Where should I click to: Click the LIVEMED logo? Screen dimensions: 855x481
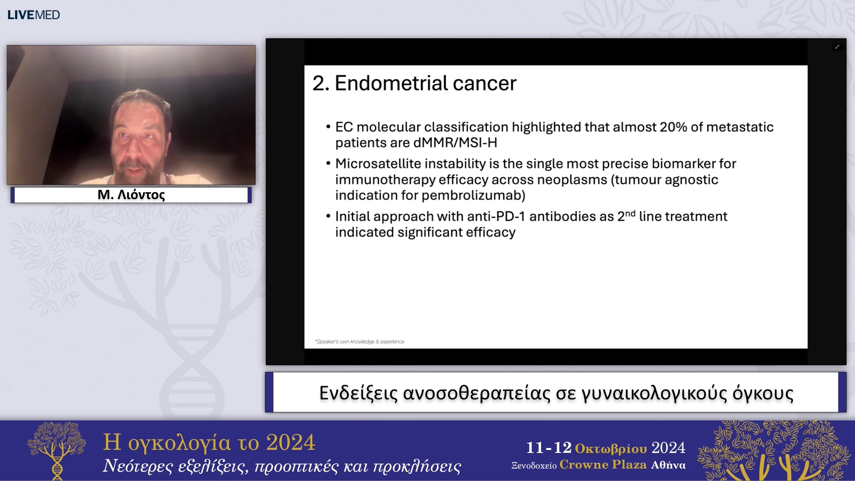[33, 15]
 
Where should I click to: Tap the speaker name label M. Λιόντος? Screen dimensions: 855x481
[131, 195]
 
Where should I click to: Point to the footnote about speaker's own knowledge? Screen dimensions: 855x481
[360, 342]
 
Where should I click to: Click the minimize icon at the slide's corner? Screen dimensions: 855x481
[837, 47]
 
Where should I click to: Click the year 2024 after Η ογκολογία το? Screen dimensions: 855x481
[290, 442]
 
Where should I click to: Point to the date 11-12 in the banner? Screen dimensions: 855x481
[549, 448]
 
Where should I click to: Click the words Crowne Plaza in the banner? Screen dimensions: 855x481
[603, 465]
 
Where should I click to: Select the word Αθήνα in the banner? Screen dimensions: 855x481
[668, 465]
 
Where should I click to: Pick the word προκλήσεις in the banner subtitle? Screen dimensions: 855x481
[417, 466]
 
